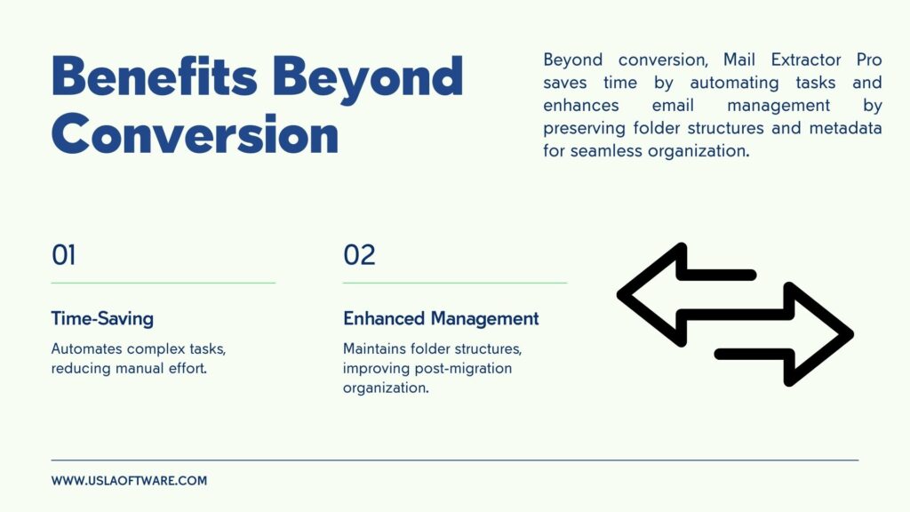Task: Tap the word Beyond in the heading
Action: [368, 79]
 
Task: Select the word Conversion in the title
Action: [195, 134]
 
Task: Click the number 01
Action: [64, 255]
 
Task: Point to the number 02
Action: [359, 255]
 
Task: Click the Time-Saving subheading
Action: [103, 319]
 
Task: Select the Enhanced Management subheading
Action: [441, 319]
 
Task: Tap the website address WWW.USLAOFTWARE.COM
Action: [129, 481]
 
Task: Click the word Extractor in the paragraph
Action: [806, 60]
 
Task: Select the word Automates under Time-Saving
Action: [86, 348]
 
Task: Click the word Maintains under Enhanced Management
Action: [374, 348]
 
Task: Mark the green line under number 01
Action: [164, 284]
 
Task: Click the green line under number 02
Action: [455, 284]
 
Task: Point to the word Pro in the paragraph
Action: [869, 60]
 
